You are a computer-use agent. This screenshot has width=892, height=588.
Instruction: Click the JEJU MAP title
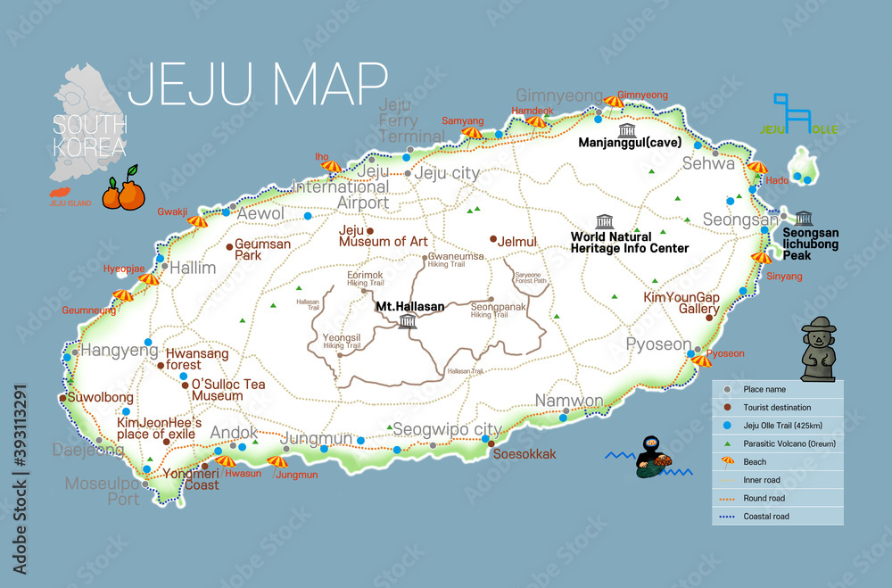click(x=258, y=85)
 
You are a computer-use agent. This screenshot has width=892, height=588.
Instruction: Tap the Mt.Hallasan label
click(x=409, y=306)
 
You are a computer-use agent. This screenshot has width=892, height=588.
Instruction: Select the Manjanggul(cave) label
click(x=630, y=143)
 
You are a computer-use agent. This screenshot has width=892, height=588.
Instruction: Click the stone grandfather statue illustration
click(x=818, y=351)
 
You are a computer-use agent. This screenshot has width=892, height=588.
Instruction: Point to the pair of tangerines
click(x=123, y=190)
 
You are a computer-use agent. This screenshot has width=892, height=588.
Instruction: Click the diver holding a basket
click(x=649, y=459)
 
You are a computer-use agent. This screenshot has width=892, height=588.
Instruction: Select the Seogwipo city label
click(x=447, y=428)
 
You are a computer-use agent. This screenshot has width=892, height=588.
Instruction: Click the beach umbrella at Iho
click(x=332, y=166)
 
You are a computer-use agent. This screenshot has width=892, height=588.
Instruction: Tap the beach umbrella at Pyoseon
click(x=702, y=360)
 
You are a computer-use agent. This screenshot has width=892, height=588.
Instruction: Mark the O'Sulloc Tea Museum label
click(x=228, y=390)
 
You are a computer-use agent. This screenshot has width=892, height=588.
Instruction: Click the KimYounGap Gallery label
click(x=681, y=303)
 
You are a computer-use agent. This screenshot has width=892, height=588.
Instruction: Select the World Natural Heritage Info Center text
click(x=629, y=243)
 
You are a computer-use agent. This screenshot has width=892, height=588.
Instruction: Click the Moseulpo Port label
click(x=103, y=491)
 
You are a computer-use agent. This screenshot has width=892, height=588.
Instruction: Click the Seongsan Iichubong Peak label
click(x=811, y=244)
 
